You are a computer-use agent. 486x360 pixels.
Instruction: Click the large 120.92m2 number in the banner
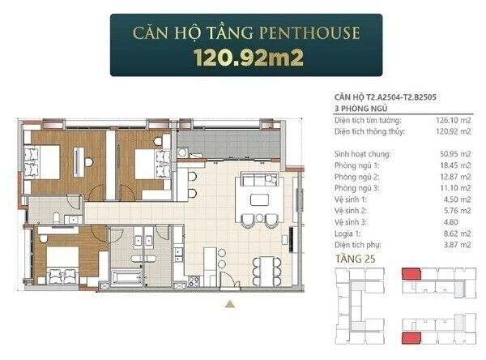pos(249,58)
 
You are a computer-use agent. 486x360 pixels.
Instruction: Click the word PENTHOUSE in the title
pos(309,33)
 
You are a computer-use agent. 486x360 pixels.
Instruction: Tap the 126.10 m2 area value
pos(453,121)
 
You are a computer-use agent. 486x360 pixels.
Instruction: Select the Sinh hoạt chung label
pos(363,154)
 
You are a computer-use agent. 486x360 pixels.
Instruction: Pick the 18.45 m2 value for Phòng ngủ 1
pos(455,165)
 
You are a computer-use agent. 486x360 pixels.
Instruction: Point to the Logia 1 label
pos(347,234)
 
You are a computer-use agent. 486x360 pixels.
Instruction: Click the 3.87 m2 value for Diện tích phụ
pos(457,245)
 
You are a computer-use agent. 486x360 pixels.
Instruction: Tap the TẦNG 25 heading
pos(356,259)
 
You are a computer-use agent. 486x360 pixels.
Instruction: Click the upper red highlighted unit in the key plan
pos(411,274)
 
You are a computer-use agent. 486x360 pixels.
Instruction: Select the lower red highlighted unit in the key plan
pos(411,338)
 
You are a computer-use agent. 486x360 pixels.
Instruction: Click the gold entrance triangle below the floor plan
pos(229,304)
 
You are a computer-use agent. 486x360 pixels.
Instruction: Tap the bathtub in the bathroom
pos(127,276)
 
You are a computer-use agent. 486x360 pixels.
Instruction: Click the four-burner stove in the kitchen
pos(194,281)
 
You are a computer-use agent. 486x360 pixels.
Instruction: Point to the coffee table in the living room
pos(259,199)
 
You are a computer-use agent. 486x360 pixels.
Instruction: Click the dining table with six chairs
pos(266,271)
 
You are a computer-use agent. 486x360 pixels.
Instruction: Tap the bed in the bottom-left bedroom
pos(62,264)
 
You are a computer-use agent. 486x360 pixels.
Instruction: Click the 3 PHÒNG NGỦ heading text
pos(360,109)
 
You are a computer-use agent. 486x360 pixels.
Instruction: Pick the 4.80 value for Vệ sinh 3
pos(450,222)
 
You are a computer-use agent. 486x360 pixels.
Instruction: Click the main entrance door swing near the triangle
pos(230,281)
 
